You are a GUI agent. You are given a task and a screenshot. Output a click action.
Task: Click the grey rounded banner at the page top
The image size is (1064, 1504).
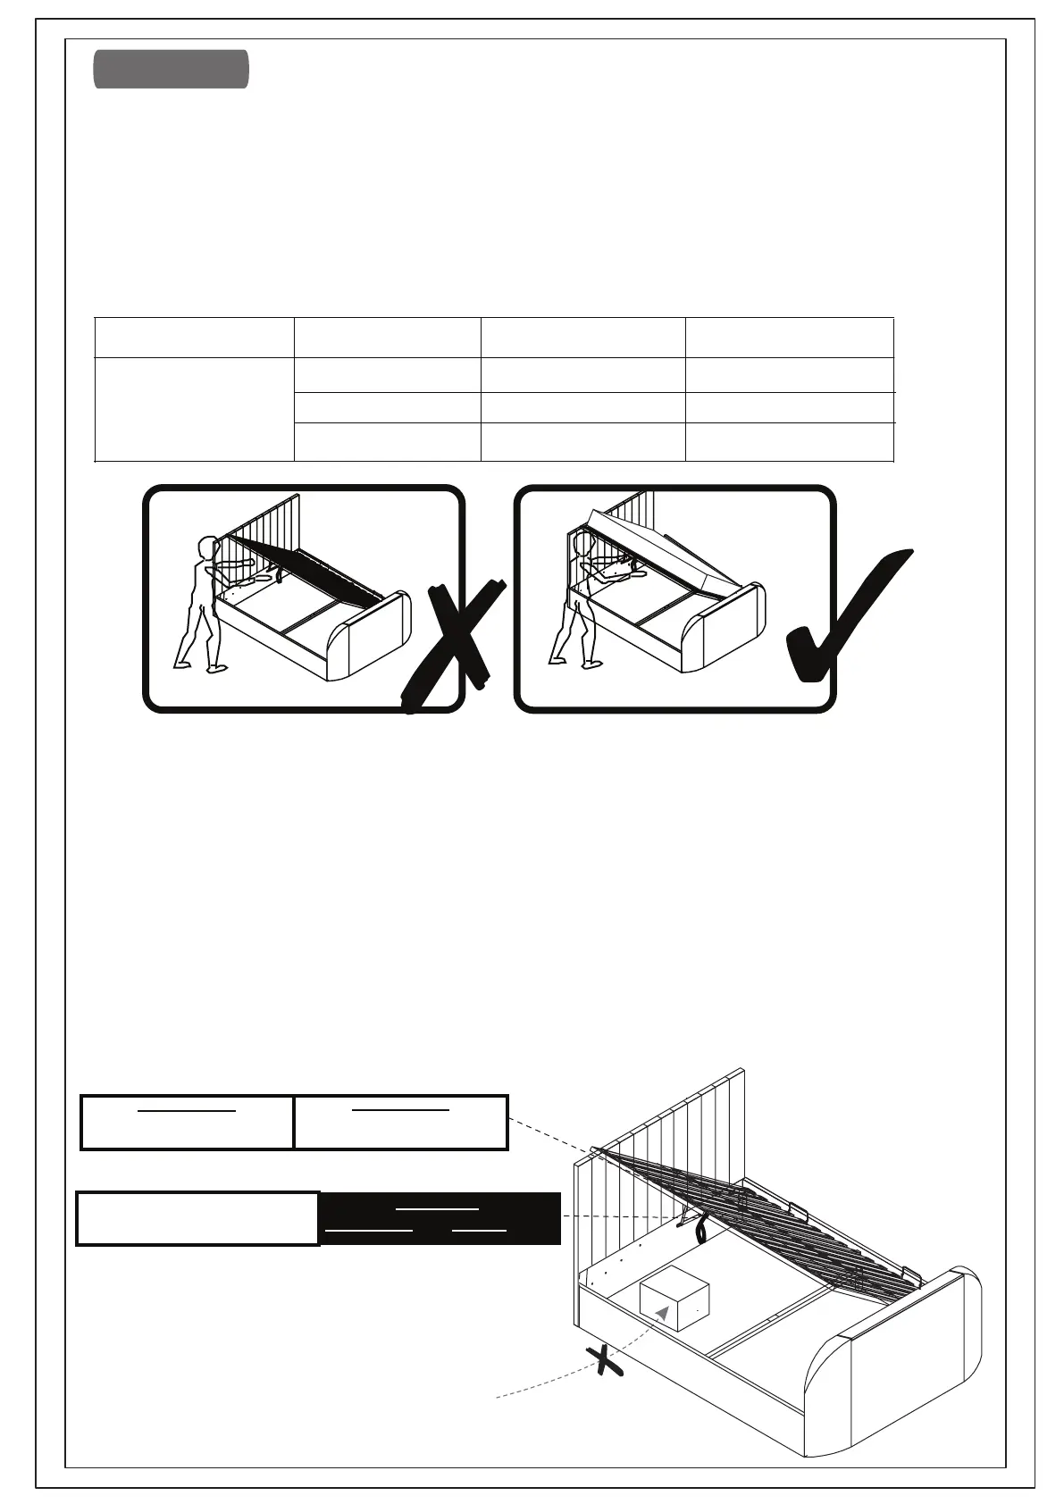click(x=171, y=70)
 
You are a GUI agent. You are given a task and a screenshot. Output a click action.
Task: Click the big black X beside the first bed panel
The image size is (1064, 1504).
click(x=454, y=645)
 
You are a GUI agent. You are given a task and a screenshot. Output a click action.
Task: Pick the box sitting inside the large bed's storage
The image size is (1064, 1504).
click(x=674, y=1299)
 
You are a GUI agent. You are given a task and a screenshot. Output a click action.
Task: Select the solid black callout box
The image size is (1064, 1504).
click(x=440, y=1218)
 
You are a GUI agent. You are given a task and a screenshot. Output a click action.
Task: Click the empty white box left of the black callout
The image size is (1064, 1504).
click(x=197, y=1218)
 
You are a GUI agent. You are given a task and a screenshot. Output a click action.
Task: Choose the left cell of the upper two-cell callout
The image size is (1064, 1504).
click(x=187, y=1122)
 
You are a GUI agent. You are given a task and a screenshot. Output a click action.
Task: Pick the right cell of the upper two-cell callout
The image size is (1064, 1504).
click(x=401, y=1122)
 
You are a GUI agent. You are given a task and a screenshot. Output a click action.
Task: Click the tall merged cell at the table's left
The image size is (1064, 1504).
click(x=194, y=409)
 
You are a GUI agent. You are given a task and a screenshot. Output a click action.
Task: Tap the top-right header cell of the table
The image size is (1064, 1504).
click(x=789, y=337)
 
